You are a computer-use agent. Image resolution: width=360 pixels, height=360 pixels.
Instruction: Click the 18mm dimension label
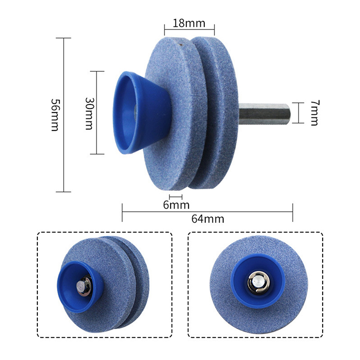[x=189, y=23]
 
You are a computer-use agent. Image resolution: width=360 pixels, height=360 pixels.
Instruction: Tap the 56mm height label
[x=55, y=115]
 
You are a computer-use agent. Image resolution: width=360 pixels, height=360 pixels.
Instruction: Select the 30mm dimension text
[x=89, y=113]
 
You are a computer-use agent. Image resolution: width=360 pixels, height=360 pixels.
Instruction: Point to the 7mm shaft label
[x=315, y=113]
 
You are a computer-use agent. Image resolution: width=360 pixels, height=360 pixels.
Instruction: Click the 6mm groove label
[x=176, y=205]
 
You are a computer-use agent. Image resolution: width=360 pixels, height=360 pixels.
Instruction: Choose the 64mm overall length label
[x=208, y=219]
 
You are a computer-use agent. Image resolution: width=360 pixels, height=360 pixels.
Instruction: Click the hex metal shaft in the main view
[x=265, y=114]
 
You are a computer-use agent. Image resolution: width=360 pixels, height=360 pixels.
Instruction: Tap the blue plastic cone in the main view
[x=142, y=112]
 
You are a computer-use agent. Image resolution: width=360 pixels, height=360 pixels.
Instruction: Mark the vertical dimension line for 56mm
[x=63, y=115]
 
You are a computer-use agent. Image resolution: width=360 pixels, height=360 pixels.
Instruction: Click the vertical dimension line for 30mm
[x=97, y=112]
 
